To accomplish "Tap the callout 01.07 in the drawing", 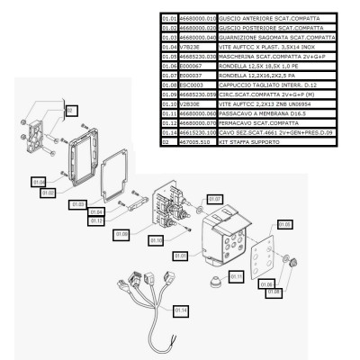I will (215, 198).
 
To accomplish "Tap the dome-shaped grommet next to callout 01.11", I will (216, 281).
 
